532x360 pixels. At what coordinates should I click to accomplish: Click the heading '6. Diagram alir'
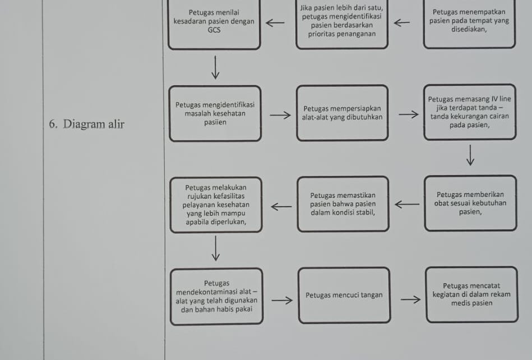87,124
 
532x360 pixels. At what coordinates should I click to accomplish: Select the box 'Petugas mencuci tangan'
344,295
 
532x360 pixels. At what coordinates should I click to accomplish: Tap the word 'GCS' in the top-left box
214,30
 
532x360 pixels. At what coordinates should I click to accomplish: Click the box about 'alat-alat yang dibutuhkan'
343,113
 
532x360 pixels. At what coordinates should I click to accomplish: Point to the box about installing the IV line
470,112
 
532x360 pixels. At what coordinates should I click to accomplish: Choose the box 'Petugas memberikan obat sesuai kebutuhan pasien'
470,203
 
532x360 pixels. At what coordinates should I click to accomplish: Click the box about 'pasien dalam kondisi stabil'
343,204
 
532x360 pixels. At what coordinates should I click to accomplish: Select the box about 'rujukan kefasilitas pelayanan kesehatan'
216,205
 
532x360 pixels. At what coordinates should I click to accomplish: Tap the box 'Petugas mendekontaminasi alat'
216,296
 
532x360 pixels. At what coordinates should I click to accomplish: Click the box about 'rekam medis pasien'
472,294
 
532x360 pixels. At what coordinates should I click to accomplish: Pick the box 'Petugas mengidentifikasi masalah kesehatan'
215,114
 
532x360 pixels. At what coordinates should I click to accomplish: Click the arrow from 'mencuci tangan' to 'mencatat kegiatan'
410,299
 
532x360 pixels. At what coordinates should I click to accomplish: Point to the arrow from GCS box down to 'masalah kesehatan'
215,67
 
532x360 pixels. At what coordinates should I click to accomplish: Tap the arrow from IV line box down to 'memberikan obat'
470,155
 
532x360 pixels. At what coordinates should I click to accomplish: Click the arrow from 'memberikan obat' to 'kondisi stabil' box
407,204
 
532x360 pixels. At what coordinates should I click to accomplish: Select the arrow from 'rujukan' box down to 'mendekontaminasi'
216,248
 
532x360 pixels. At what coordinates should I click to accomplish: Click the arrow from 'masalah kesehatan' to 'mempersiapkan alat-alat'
280,116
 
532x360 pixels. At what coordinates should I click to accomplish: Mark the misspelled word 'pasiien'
215,122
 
